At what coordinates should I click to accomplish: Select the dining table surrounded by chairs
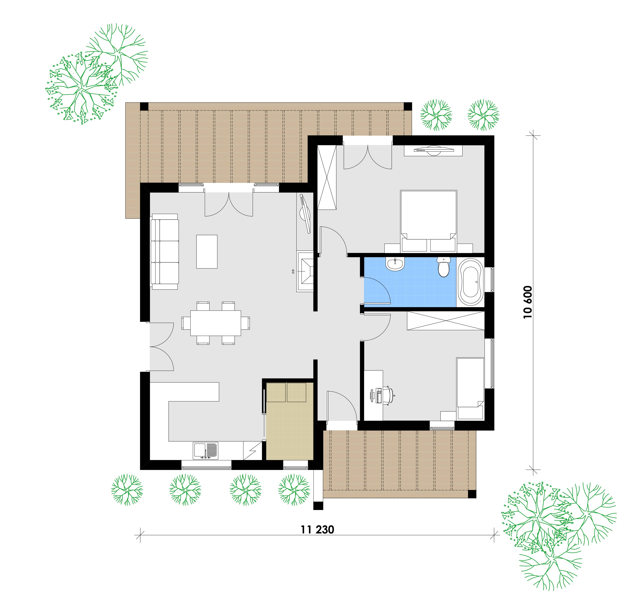point(216,323)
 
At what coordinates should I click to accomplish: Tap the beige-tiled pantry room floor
point(289,421)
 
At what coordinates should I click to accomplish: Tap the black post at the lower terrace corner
point(472,494)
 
